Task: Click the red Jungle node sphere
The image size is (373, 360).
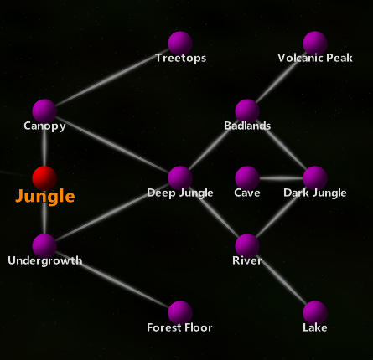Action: [44, 177]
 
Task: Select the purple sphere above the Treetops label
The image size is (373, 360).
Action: [180, 43]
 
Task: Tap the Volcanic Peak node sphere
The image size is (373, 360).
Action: [314, 43]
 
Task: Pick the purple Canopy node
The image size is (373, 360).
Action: [44, 111]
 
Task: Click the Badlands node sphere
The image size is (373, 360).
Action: [247, 111]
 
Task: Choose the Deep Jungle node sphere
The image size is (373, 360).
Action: [180, 177]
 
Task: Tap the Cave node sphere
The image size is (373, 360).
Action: [247, 177]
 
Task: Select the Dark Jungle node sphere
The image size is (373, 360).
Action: [314, 177]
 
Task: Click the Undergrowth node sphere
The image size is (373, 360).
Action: [44, 245]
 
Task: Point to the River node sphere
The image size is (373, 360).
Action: [247, 245]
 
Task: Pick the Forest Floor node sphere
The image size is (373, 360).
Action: [180, 312]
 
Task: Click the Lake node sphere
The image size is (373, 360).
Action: [314, 312]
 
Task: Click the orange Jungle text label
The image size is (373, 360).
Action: [45, 198]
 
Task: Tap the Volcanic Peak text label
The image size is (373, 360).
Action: [314, 59]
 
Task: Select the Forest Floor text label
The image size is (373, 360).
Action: [179, 327]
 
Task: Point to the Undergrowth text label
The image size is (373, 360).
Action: [44, 260]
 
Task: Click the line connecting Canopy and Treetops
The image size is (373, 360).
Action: [112, 77]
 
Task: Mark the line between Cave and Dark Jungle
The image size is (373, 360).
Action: [281, 177]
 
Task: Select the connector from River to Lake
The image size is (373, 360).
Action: [281, 279]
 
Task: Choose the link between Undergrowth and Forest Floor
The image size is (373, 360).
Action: [112, 279]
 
